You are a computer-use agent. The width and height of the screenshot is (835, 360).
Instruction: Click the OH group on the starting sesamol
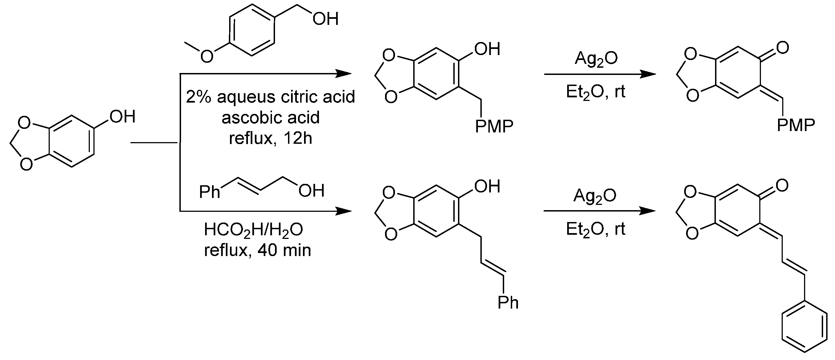122,116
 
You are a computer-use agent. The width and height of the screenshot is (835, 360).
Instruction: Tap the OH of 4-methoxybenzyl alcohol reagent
325,19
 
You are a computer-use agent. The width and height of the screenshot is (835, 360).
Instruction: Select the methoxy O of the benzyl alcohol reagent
207,56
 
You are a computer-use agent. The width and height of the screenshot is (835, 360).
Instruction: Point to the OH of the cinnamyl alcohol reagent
311,191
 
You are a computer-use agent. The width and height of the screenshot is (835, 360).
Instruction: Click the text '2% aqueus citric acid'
270,97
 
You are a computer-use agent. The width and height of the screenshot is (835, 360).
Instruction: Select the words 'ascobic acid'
270,118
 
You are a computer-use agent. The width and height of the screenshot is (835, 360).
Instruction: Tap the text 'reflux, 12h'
270,138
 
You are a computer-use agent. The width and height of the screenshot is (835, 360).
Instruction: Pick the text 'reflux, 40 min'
257,250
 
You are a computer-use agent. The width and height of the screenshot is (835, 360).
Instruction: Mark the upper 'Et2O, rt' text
595,92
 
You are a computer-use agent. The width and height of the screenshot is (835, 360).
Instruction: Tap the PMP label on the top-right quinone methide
796,125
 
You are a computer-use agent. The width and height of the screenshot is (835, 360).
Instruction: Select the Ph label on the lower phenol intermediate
508,302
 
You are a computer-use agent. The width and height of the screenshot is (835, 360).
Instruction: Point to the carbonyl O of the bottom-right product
782,186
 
